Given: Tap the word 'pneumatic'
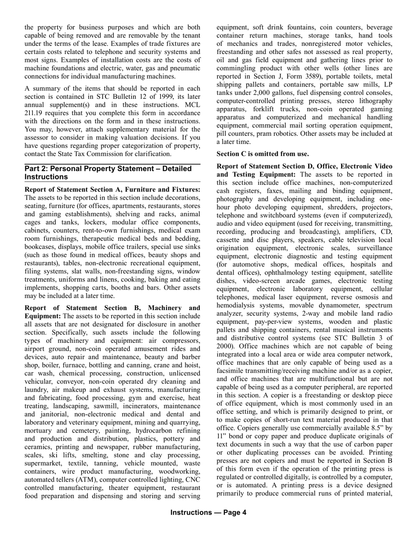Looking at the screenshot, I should point(185,68).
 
